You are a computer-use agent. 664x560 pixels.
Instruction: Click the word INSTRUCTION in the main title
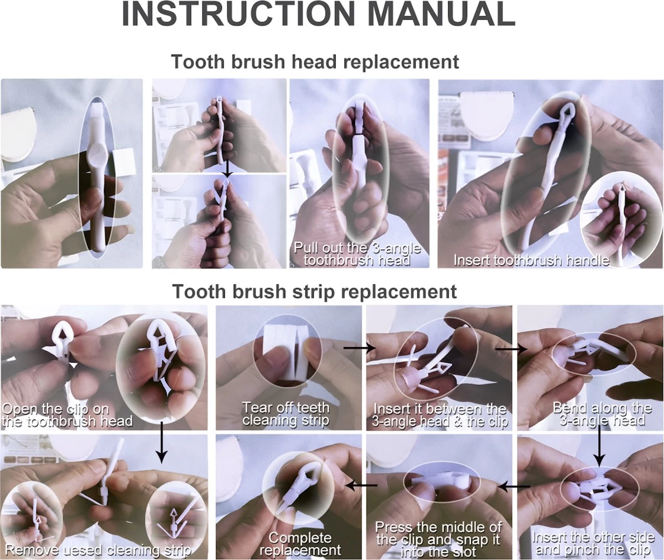[x=238, y=14]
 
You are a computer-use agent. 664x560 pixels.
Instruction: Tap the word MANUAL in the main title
[x=442, y=14]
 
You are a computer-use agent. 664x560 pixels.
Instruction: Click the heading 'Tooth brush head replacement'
[x=315, y=61]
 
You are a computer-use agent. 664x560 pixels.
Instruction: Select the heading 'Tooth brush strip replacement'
[x=314, y=291]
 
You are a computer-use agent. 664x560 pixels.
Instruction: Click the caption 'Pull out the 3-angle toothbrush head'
[x=357, y=254]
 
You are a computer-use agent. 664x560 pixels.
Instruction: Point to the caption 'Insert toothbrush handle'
[x=531, y=260]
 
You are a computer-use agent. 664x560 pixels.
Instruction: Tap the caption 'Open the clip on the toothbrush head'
[x=67, y=414]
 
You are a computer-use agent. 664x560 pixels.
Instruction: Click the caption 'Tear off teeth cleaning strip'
[x=286, y=413]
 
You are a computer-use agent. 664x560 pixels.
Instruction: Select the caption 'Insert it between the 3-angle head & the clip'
[x=440, y=414]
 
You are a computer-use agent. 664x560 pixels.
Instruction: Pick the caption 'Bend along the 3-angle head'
[x=603, y=414]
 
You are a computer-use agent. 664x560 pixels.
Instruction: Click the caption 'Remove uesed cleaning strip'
[x=98, y=549]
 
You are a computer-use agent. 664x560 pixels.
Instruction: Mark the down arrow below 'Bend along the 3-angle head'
[x=599, y=445]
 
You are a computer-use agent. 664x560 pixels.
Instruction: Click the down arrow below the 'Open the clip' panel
[x=162, y=442]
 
